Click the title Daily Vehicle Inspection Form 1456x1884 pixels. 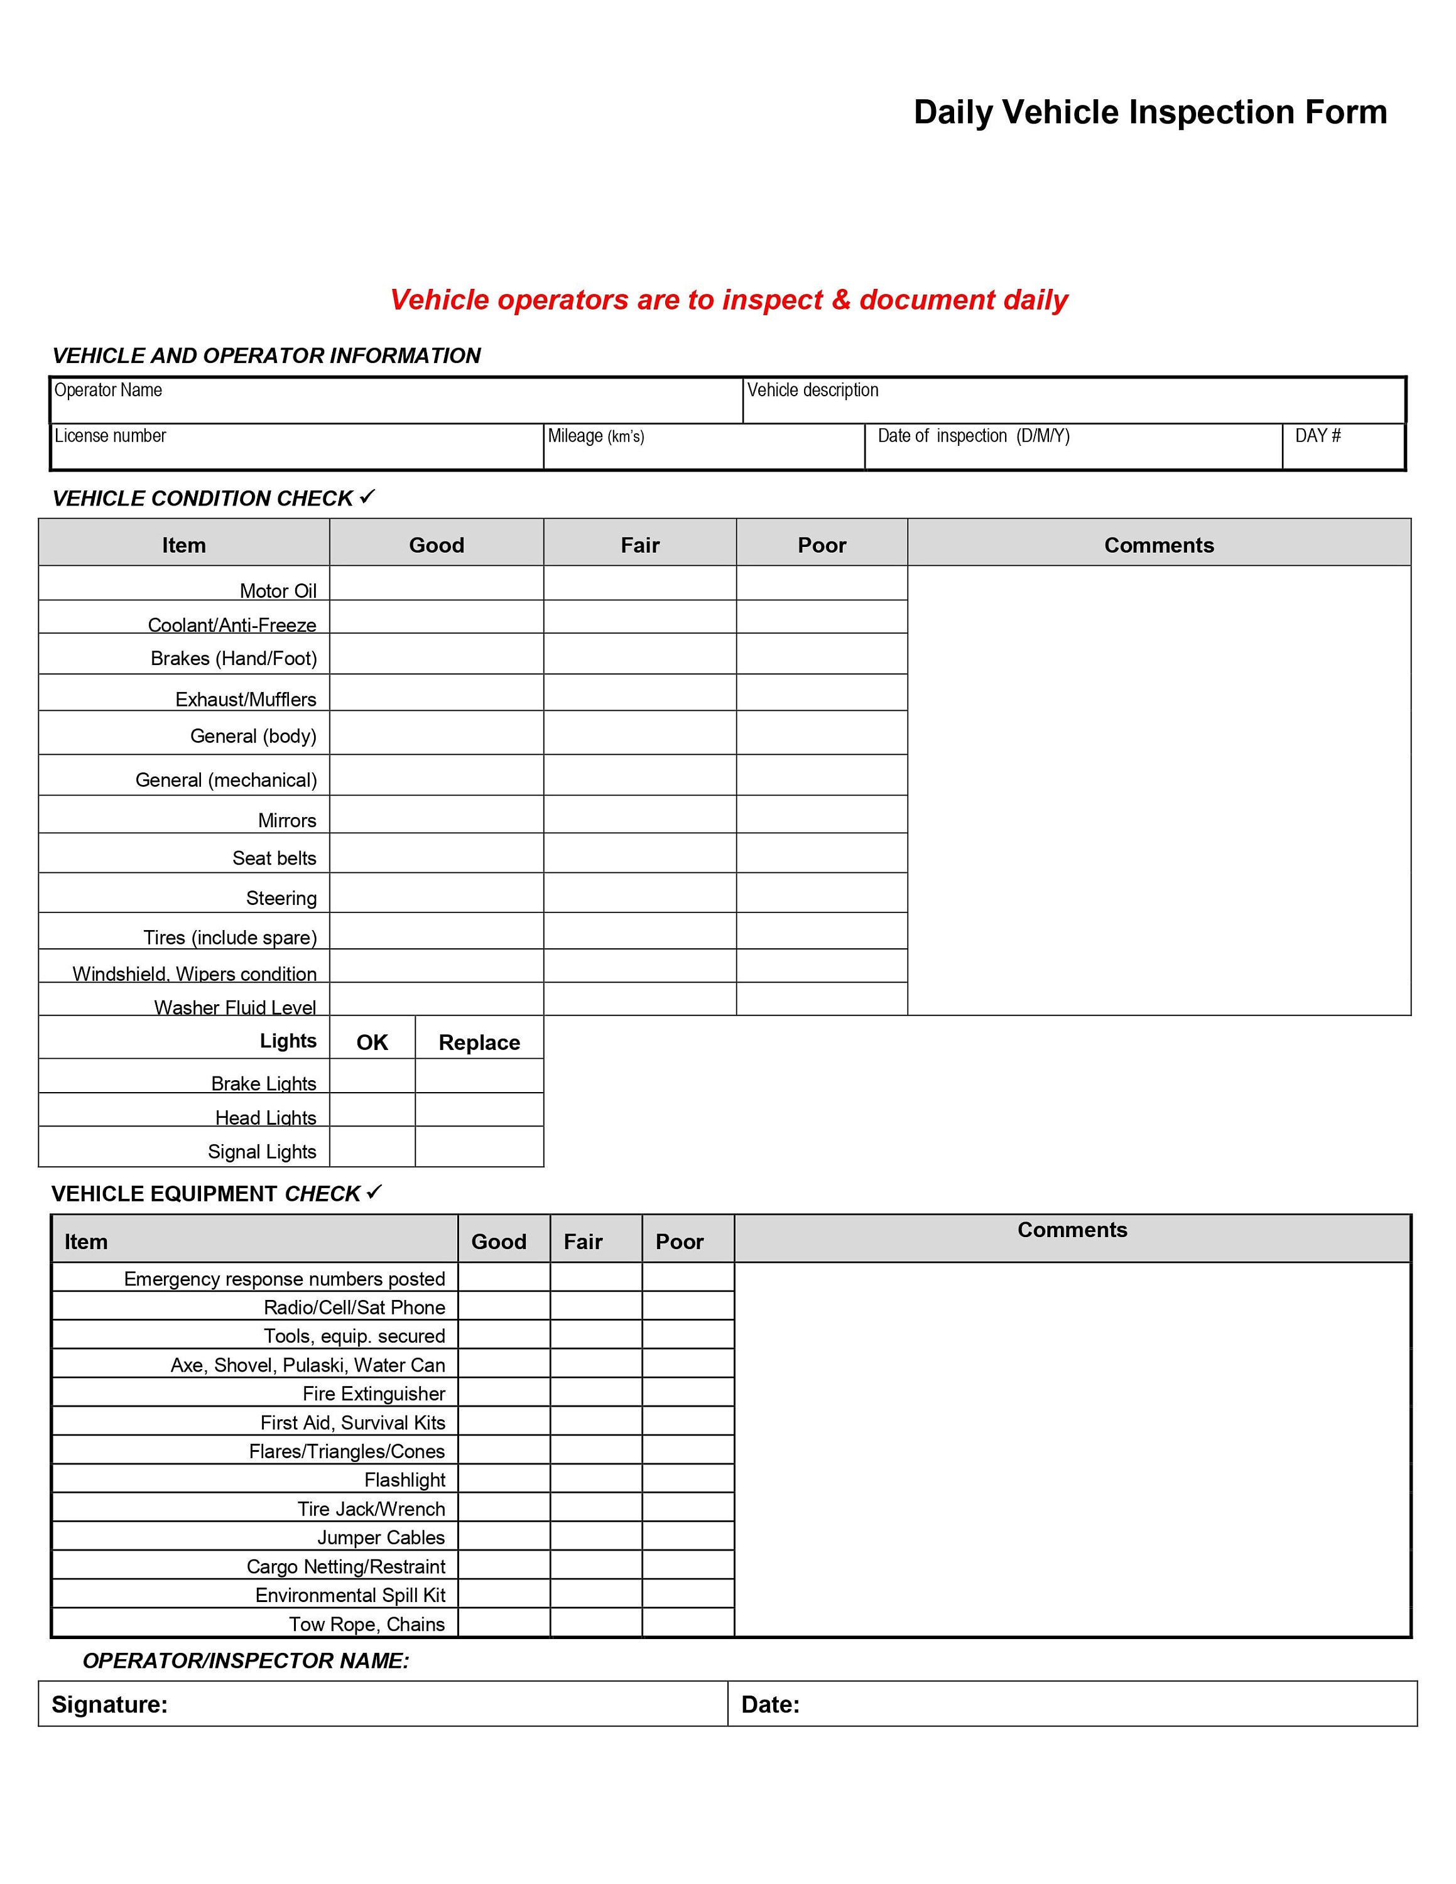[1150, 113]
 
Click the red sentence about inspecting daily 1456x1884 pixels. [728, 300]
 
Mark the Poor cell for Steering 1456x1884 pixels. [821, 893]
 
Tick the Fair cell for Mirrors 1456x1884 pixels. [639, 815]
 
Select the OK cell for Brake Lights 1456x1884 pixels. [372, 1076]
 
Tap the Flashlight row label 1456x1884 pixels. [404, 1480]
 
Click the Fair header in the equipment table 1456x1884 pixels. [583, 1242]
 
